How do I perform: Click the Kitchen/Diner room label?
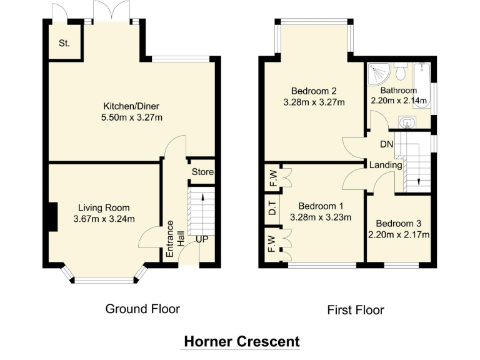click(131, 106)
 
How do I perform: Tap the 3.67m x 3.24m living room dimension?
click(104, 219)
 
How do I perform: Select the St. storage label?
click(64, 43)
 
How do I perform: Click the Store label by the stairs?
click(202, 172)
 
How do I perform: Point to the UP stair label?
click(202, 239)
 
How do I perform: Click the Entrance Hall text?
click(174, 239)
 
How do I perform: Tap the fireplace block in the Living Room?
click(53, 216)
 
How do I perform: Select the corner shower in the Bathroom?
click(377, 74)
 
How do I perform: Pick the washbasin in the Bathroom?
click(407, 122)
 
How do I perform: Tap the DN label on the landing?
click(387, 144)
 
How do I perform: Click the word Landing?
click(386, 165)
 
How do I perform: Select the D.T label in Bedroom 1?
click(272, 208)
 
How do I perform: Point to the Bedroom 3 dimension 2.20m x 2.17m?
click(399, 235)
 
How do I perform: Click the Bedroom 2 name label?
click(314, 91)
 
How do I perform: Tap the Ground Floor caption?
click(142, 309)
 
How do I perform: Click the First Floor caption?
click(356, 310)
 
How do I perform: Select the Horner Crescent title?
click(242, 341)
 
